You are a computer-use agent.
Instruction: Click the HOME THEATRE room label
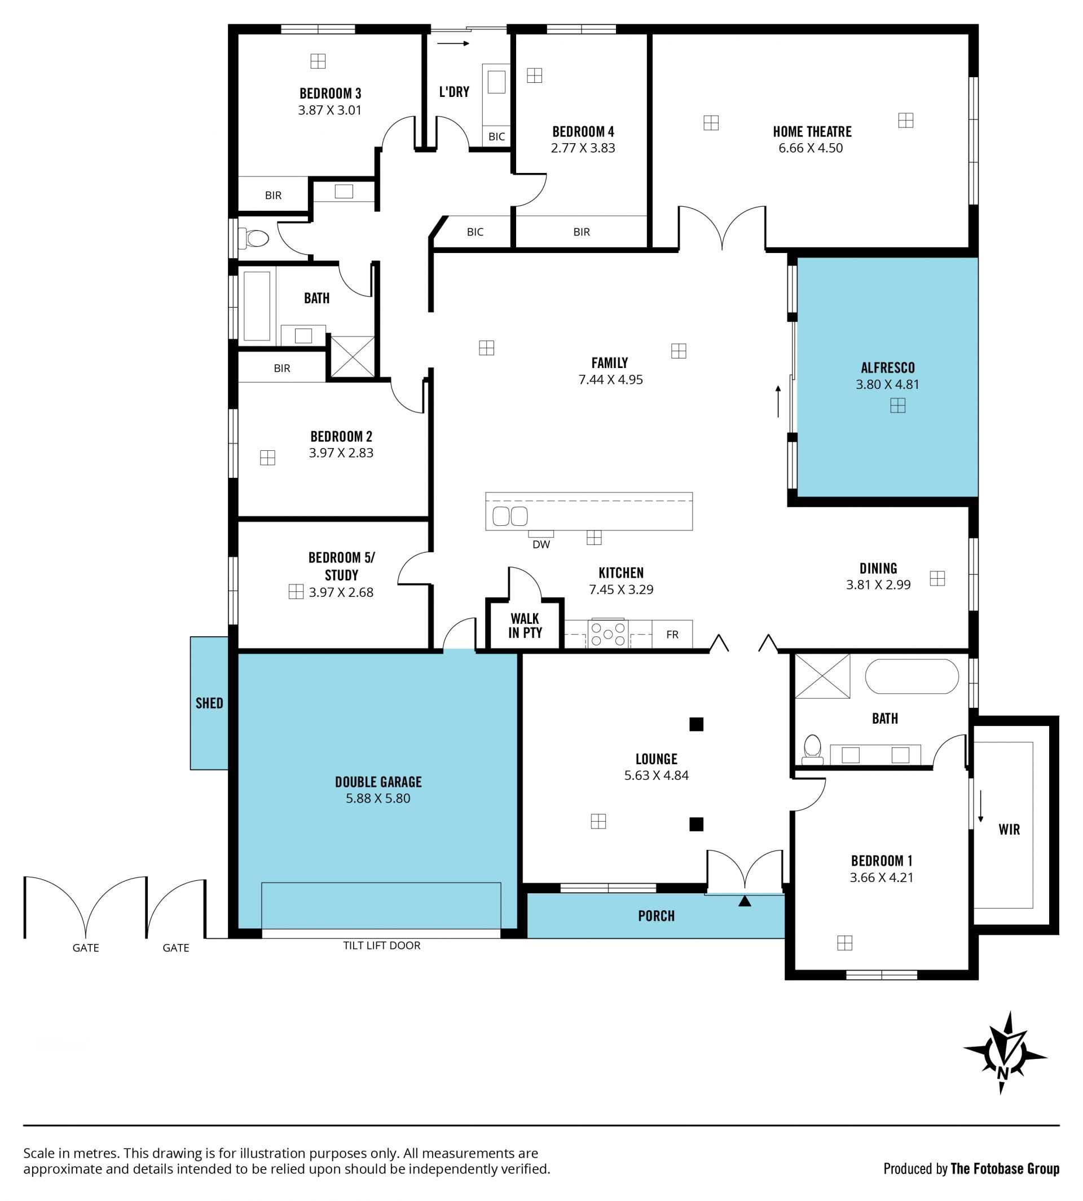(x=812, y=131)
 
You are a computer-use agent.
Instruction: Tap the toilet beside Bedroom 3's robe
(x=254, y=238)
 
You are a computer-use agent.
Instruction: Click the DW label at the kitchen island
(x=541, y=544)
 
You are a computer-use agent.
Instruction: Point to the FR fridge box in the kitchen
(x=672, y=635)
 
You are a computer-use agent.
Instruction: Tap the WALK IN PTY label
(x=525, y=626)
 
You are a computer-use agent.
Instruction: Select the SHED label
(x=209, y=703)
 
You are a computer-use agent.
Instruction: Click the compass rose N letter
(x=1003, y=1073)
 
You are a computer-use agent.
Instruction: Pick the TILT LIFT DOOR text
(x=381, y=945)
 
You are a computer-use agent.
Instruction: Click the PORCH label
(x=657, y=916)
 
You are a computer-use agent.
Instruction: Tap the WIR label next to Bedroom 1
(x=1009, y=830)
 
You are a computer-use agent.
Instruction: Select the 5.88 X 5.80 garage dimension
(x=378, y=798)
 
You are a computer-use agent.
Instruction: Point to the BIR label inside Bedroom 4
(x=582, y=232)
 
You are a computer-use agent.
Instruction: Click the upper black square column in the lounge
(x=696, y=724)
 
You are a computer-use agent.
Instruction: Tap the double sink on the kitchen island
(x=510, y=516)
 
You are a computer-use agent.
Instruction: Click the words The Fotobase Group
(x=1005, y=1168)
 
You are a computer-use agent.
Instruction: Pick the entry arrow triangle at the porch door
(x=745, y=901)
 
